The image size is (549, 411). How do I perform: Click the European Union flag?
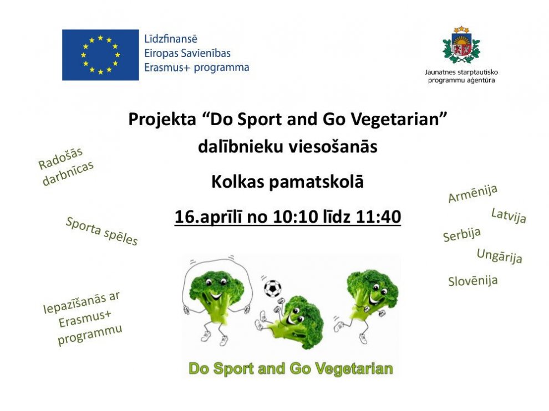100,55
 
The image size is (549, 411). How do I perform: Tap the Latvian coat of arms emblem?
461,45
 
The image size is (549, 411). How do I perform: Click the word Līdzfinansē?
171,39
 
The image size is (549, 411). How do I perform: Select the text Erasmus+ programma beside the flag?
197,67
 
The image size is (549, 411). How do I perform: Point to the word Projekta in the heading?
162,119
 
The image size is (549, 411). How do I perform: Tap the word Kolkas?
238,182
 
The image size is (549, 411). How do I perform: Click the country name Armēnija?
472,193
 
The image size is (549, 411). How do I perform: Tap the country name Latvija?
509,215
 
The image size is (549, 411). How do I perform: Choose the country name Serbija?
462,235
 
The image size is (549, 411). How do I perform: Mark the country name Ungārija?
500,256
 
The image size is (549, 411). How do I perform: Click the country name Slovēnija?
472,281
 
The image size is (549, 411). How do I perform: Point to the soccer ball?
272,289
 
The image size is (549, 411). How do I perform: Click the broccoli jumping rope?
217,301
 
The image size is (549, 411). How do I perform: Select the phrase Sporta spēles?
102,231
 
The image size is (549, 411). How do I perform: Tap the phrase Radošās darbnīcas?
65,167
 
